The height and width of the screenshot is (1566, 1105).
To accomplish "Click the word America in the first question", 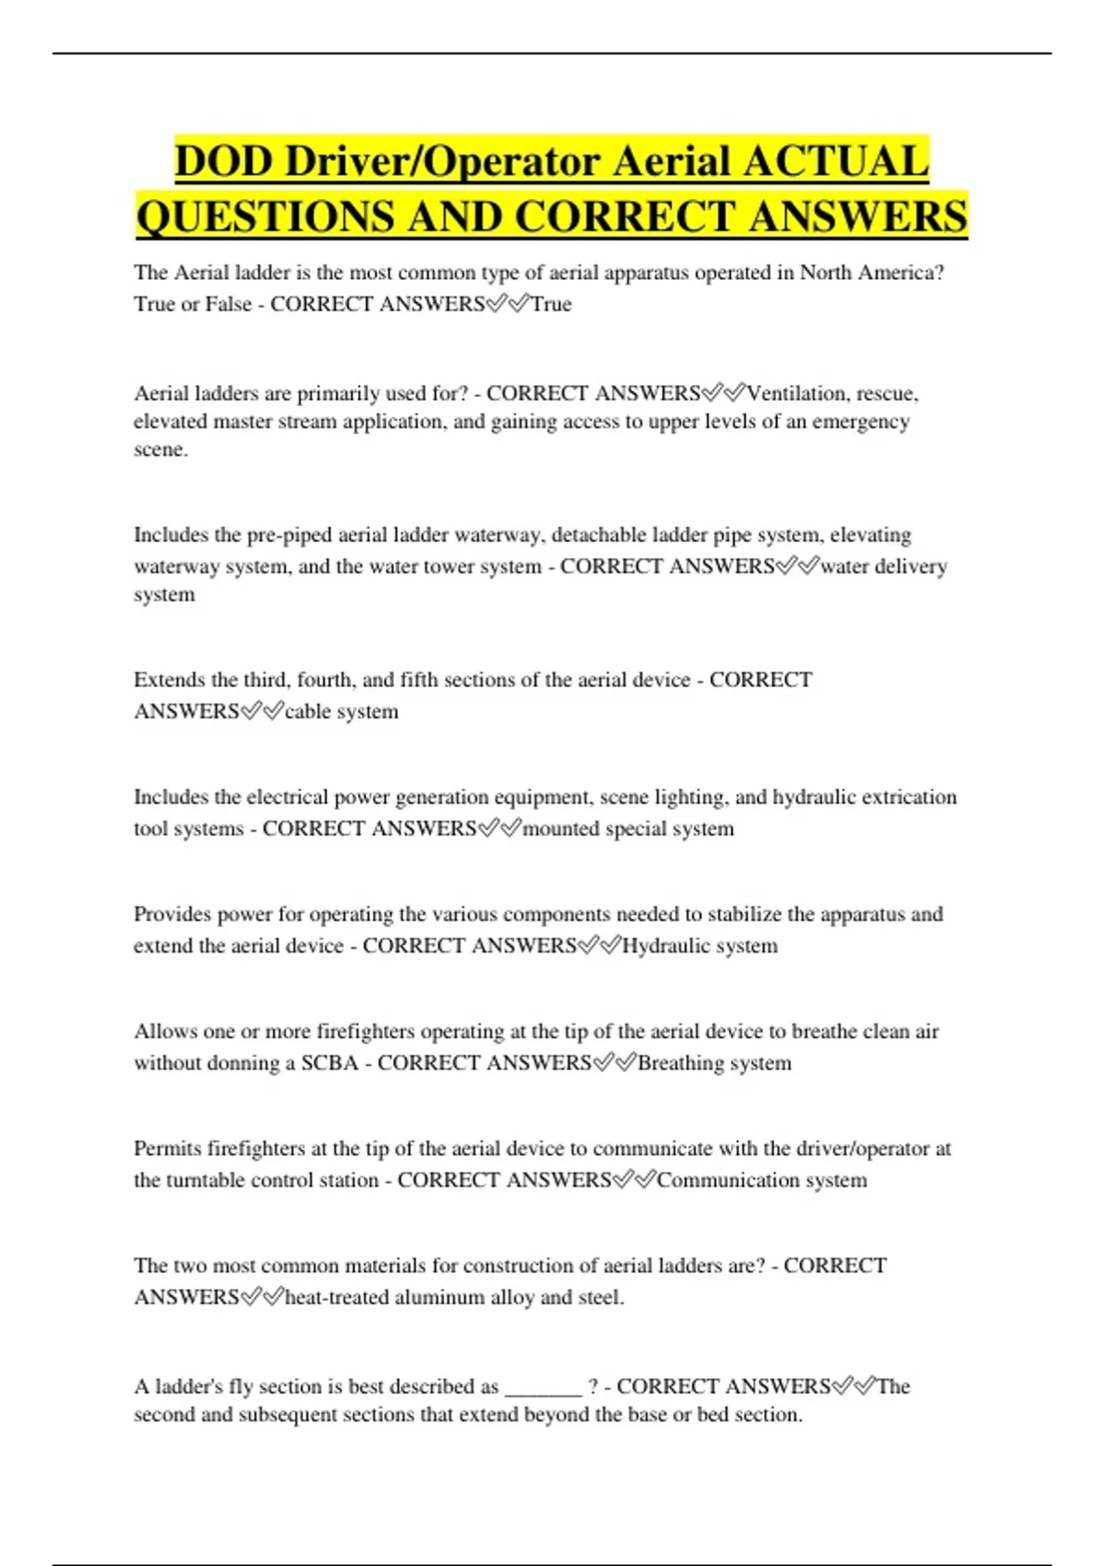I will (x=899, y=273).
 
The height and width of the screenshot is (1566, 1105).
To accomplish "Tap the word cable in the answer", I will (x=309, y=711).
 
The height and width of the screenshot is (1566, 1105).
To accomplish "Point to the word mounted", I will (x=561, y=828).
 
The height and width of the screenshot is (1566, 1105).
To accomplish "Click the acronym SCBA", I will (x=330, y=1063).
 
